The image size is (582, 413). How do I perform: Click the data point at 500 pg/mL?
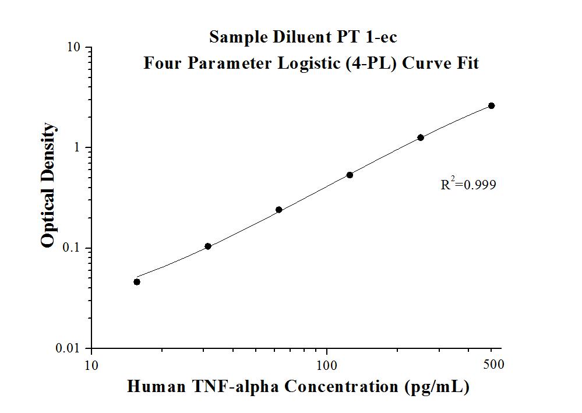tap(491, 105)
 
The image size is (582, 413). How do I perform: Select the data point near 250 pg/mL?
tap(420, 137)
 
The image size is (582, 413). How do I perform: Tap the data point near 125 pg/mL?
tap(350, 175)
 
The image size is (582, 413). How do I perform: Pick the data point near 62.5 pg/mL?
tap(278, 210)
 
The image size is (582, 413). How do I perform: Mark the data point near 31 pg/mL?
tap(208, 246)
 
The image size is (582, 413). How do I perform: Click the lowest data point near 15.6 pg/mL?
tap(137, 282)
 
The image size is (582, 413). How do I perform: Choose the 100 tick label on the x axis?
tap(327, 365)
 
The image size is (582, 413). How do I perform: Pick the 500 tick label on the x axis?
tap(494, 365)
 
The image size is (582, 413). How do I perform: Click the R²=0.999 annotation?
tap(468, 185)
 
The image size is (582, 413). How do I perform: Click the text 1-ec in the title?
tap(379, 37)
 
